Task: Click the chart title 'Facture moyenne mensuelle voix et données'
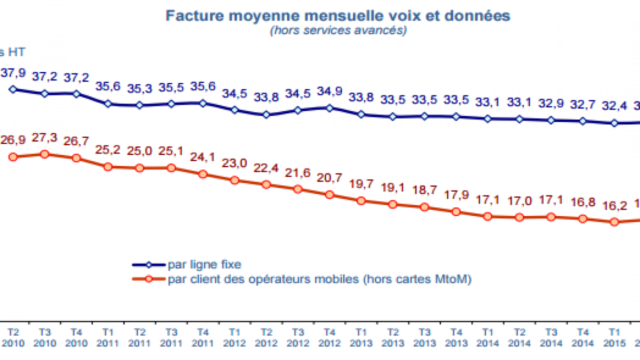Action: pyautogui.click(x=338, y=15)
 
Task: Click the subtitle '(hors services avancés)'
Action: pyautogui.click(x=338, y=30)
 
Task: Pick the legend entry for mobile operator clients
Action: pyautogui.click(x=319, y=279)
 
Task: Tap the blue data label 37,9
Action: pyautogui.click(x=13, y=73)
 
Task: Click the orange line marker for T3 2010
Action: pyautogui.click(x=44, y=154)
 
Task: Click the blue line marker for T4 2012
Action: pyautogui.click(x=329, y=107)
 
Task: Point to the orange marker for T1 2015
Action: pyautogui.click(x=614, y=222)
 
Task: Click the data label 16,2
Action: pyautogui.click(x=614, y=205)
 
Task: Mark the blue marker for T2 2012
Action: pyautogui.click(x=266, y=114)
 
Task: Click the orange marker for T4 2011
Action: pyautogui.click(x=203, y=174)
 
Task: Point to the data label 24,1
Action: pyautogui.click(x=203, y=157)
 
